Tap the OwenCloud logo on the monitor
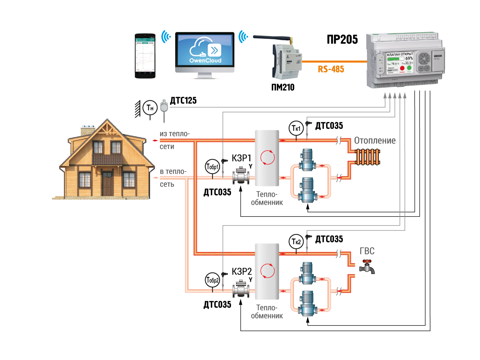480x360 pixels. click(205, 52)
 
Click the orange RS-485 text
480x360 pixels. click(331, 69)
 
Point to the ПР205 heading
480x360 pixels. click(342, 40)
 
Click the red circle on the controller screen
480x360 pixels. click(402, 68)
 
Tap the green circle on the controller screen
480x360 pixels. click(409, 68)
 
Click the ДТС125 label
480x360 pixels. click(183, 101)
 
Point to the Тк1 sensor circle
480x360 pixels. click(295, 128)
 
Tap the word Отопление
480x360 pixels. click(375, 141)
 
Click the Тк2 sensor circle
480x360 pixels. click(295, 241)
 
